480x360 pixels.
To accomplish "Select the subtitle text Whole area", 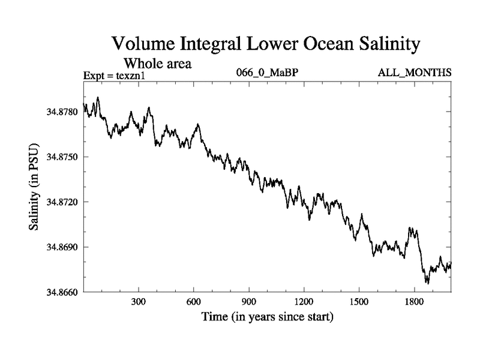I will (x=157, y=64).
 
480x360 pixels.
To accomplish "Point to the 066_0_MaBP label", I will (x=266, y=73).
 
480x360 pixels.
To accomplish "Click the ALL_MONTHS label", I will (x=415, y=73).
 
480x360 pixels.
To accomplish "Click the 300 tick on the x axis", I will (x=139, y=302).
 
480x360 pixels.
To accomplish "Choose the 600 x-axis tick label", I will (x=194, y=302).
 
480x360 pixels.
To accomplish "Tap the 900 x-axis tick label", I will (x=249, y=302).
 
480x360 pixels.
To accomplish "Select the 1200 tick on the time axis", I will (x=304, y=302).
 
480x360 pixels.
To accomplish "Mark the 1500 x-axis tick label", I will (x=359, y=302).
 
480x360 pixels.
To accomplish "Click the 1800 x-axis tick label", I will (x=414, y=302).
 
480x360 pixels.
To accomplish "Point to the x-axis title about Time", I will (x=267, y=316).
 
